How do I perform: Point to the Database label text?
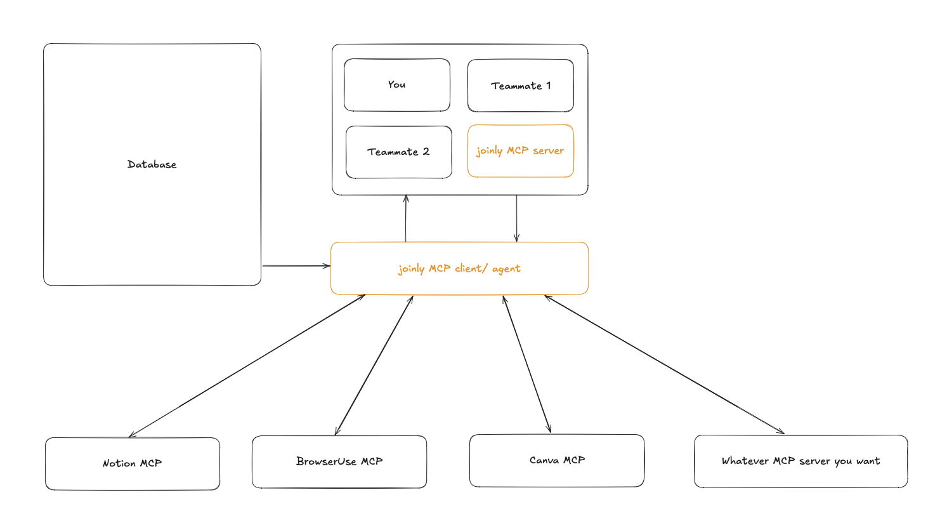pos(152,164)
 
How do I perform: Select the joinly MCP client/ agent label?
pos(459,268)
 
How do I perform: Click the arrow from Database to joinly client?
pos(296,266)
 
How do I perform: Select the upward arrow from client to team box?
pos(406,219)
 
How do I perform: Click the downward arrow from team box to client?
pos(516,219)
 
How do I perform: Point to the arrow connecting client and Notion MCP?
pos(247,366)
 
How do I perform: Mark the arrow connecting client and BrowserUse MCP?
pos(374,366)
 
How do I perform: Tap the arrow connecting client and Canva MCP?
pos(527,365)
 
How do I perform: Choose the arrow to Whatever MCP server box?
pos(665,365)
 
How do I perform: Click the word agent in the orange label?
pos(506,269)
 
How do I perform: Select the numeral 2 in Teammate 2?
pos(426,152)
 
